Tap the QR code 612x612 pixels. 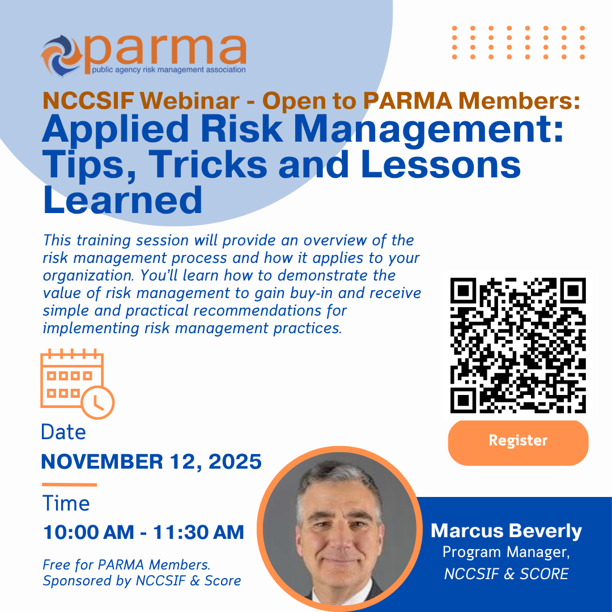(x=518, y=346)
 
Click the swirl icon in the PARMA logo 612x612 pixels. (x=61, y=55)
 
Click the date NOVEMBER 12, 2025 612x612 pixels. (x=151, y=462)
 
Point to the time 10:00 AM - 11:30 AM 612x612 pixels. (x=143, y=532)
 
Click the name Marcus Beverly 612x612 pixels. (x=506, y=531)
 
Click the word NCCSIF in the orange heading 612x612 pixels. (x=88, y=101)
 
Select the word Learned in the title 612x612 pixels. (x=122, y=200)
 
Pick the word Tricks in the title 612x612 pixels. (x=208, y=165)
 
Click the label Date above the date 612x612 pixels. (x=63, y=432)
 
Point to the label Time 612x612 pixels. (x=66, y=503)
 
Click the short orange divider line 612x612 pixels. (x=70, y=484)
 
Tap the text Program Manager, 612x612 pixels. (x=506, y=552)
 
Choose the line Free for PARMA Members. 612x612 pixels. (x=126, y=565)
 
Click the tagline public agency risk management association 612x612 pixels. (x=169, y=70)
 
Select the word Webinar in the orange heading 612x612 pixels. (x=190, y=101)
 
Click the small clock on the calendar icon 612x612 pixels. (x=98, y=403)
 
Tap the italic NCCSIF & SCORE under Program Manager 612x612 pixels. (x=506, y=573)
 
